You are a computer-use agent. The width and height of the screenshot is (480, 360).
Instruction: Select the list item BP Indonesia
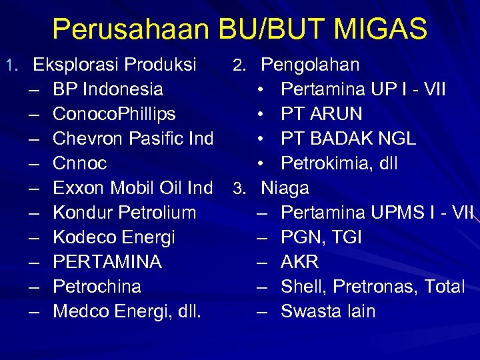107,89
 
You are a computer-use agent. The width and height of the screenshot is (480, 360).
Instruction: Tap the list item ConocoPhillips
114,114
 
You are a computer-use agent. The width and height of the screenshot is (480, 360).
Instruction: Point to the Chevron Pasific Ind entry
133,139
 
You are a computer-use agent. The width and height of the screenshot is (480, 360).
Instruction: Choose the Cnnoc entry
79,163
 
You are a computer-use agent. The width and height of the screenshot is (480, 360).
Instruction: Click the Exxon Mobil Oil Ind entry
133,188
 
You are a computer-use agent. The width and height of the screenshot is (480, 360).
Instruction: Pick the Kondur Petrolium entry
124,213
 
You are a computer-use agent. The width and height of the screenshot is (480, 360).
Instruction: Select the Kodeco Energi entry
113,237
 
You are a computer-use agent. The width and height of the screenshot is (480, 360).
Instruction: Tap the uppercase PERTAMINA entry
107,262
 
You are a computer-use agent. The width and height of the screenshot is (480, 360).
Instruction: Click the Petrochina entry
97,287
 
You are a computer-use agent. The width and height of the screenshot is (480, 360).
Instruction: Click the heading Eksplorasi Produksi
115,65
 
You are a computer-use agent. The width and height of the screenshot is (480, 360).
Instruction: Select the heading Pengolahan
310,65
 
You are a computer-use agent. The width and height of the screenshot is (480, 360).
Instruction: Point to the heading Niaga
285,188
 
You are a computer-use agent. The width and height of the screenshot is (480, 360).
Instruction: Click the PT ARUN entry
321,114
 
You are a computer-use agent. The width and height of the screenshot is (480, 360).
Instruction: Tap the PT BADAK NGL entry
348,139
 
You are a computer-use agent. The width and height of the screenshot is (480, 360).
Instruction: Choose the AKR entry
299,262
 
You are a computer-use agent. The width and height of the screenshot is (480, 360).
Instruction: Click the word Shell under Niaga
301,287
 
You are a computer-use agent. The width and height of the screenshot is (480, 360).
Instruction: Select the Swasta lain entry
328,311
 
